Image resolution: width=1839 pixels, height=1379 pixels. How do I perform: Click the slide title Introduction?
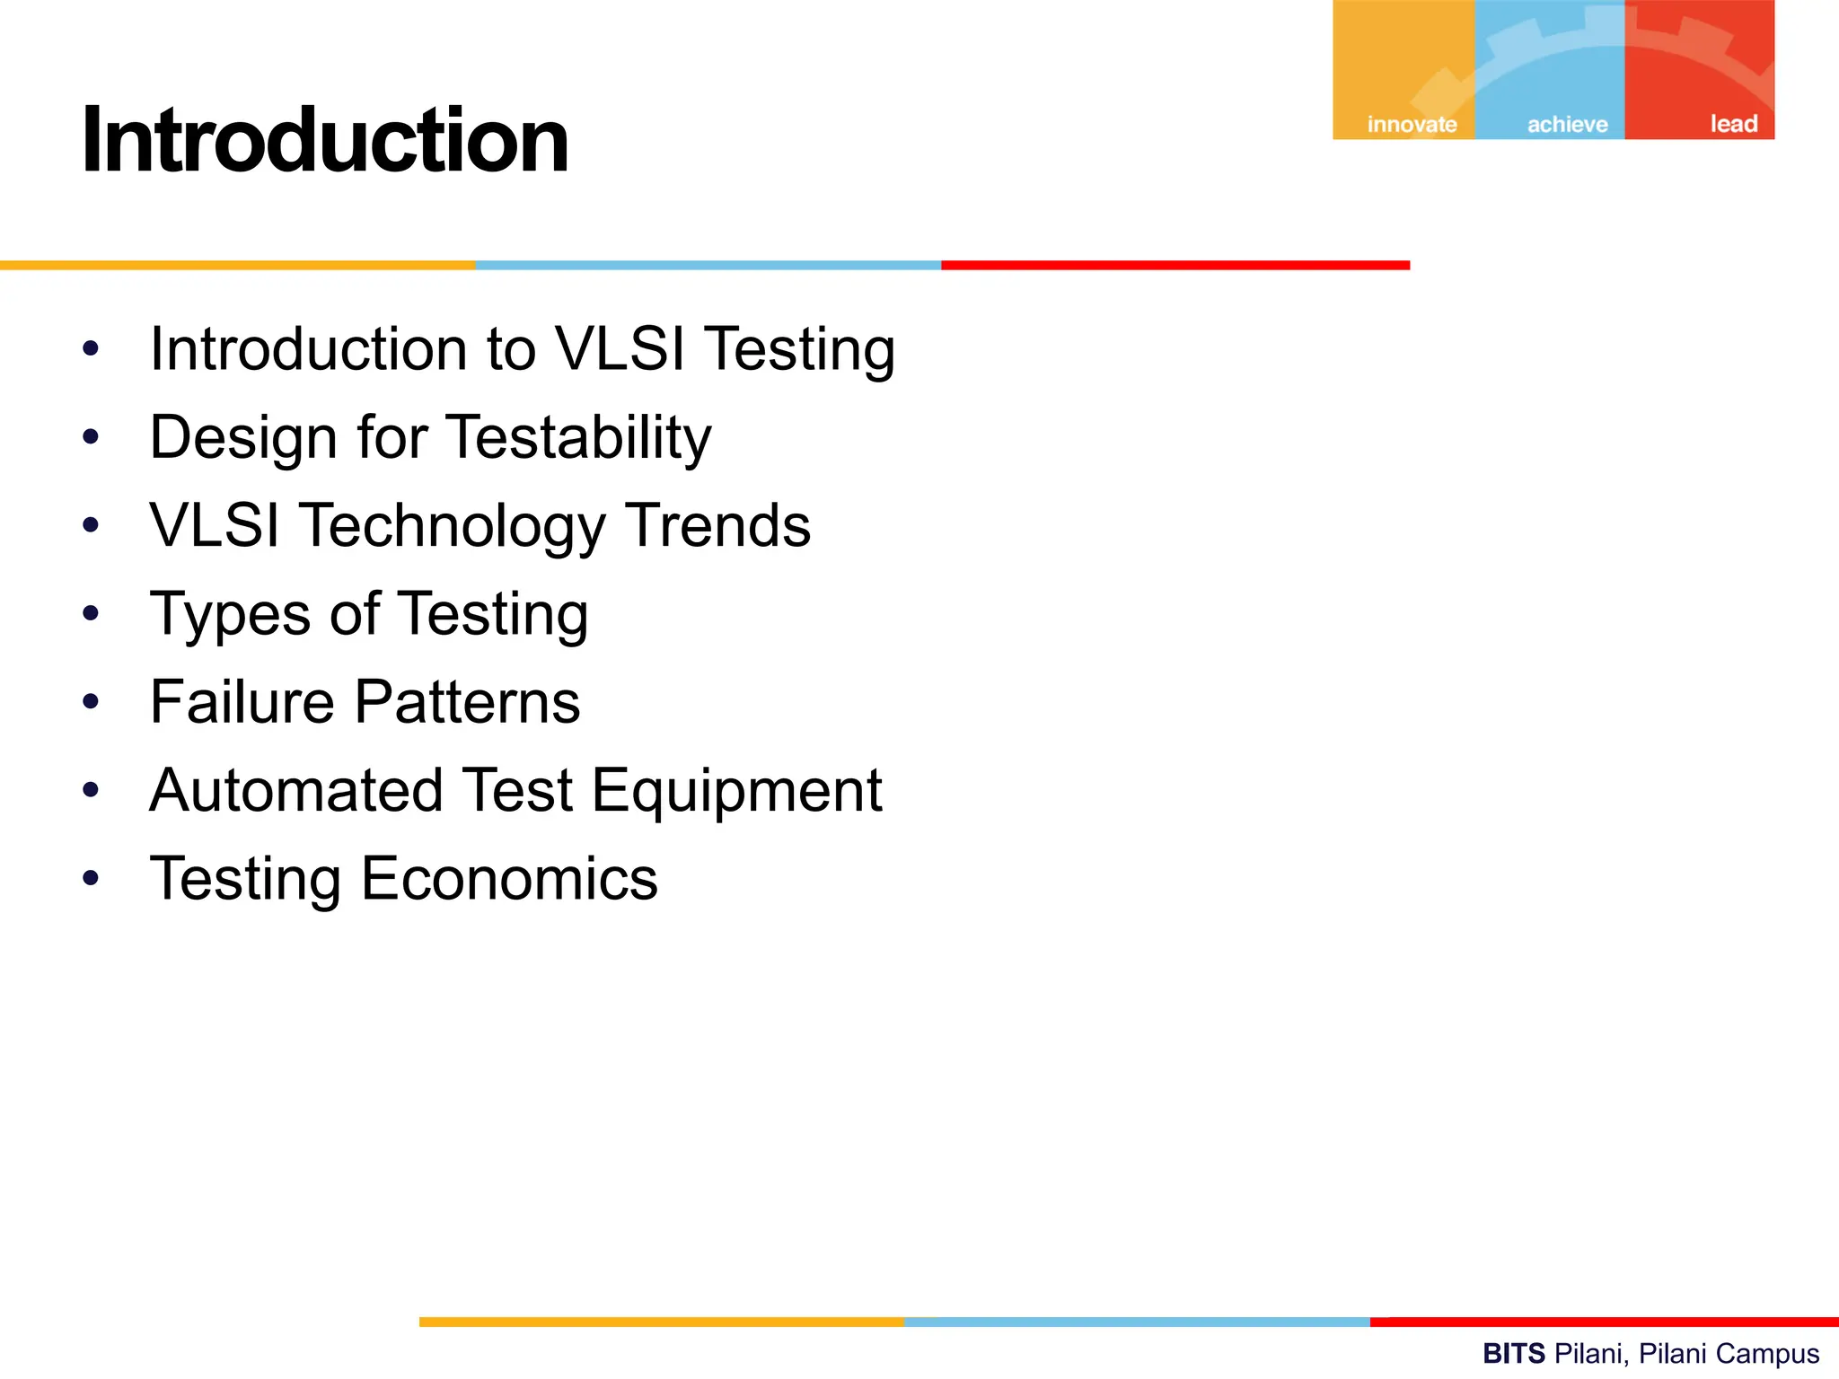click(x=325, y=141)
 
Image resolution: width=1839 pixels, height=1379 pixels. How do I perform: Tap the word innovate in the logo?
click(x=1412, y=124)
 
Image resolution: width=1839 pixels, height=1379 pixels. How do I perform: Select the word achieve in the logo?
click(x=1567, y=124)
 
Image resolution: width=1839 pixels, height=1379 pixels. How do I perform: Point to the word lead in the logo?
click(x=1733, y=123)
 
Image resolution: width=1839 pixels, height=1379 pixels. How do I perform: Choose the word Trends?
click(x=717, y=525)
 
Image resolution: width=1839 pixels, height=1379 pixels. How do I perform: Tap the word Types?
click(x=230, y=615)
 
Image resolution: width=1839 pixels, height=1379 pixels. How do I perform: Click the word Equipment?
click(x=736, y=792)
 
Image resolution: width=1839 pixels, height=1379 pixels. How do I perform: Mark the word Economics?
click(x=509, y=878)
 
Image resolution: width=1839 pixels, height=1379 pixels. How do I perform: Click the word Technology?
click(x=453, y=527)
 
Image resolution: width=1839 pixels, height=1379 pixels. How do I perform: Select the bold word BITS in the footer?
click(x=1513, y=1353)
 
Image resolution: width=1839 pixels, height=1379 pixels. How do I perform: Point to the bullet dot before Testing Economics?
click(x=91, y=877)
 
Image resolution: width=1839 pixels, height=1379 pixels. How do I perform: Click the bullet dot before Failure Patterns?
click(x=91, y=700)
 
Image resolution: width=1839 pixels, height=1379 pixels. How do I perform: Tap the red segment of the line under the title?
click(x=1175, y=265)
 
